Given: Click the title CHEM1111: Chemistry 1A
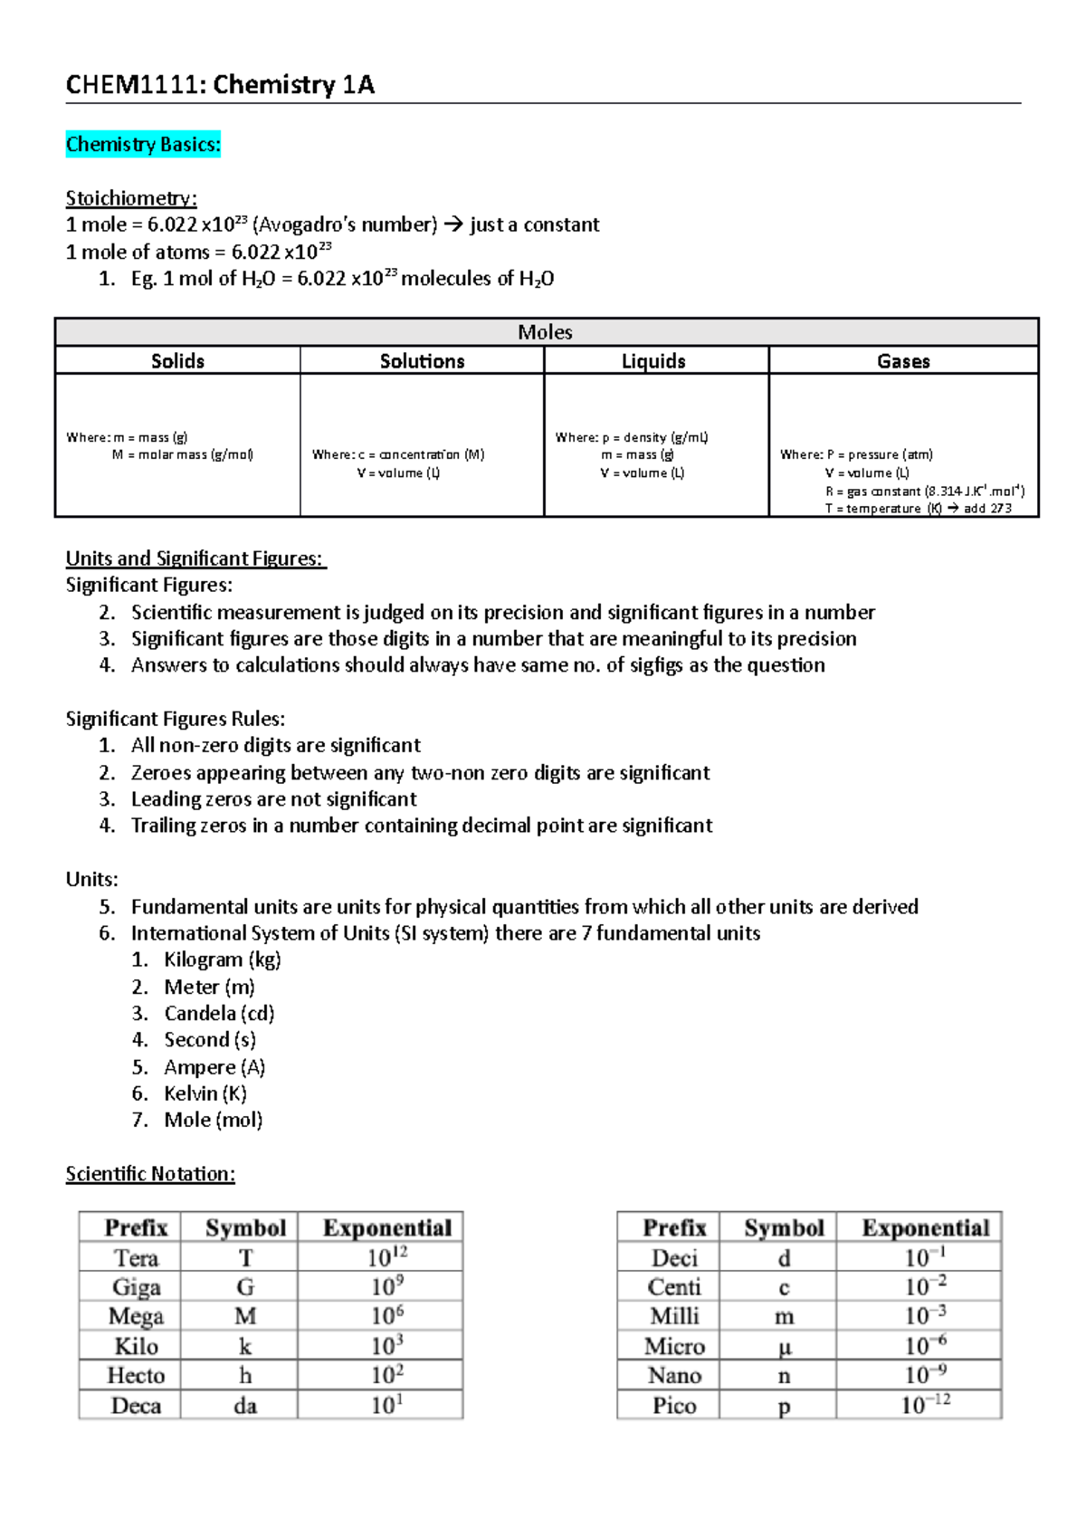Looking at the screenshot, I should pyautogui.click(x=220, y=85).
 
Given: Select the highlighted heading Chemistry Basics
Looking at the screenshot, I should pyautogui.click(x=143, y=145).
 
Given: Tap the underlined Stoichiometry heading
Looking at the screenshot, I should pyautogui.click(x=131, y=198).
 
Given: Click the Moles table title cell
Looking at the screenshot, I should pyautogui.click(x=546, y=332).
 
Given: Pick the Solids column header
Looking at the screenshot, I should pyautogui.click(x=177, y=361).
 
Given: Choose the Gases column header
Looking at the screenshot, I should pyautogui.click(x=903, y=361).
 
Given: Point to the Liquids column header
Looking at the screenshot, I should pyautogui.click(x=653, y=361).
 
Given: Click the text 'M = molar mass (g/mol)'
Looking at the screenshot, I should pyautogui.click(x=182, y=454).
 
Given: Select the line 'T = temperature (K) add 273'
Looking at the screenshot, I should pyautogui.click(x=918, y=509).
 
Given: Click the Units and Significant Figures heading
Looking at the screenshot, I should pyautogui.click(x=195, y=558).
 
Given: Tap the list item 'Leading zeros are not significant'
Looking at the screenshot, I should pyautogui.click(x=273, y=799).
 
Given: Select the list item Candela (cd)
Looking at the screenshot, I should pyautogui.click(x=219, y=1013).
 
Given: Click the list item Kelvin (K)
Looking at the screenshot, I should pyautogui.click(x=205, y=1093).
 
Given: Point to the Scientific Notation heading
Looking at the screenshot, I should pyautogui.click(x=150, y=1174).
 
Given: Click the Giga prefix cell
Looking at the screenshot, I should pyautogui.click(x=136, y=1287).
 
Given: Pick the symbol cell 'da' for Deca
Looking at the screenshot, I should pyautogui.click(x=244, y=1406).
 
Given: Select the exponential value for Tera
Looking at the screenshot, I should pyautogui.click(x=386, y=1257).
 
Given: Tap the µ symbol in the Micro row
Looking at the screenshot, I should pyautogui.click(x=784, y=1347).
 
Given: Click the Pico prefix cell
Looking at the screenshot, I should pyautogui.click(x=674, y=1406).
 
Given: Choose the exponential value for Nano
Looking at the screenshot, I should pyautogui.click(x=925, y=1376).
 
